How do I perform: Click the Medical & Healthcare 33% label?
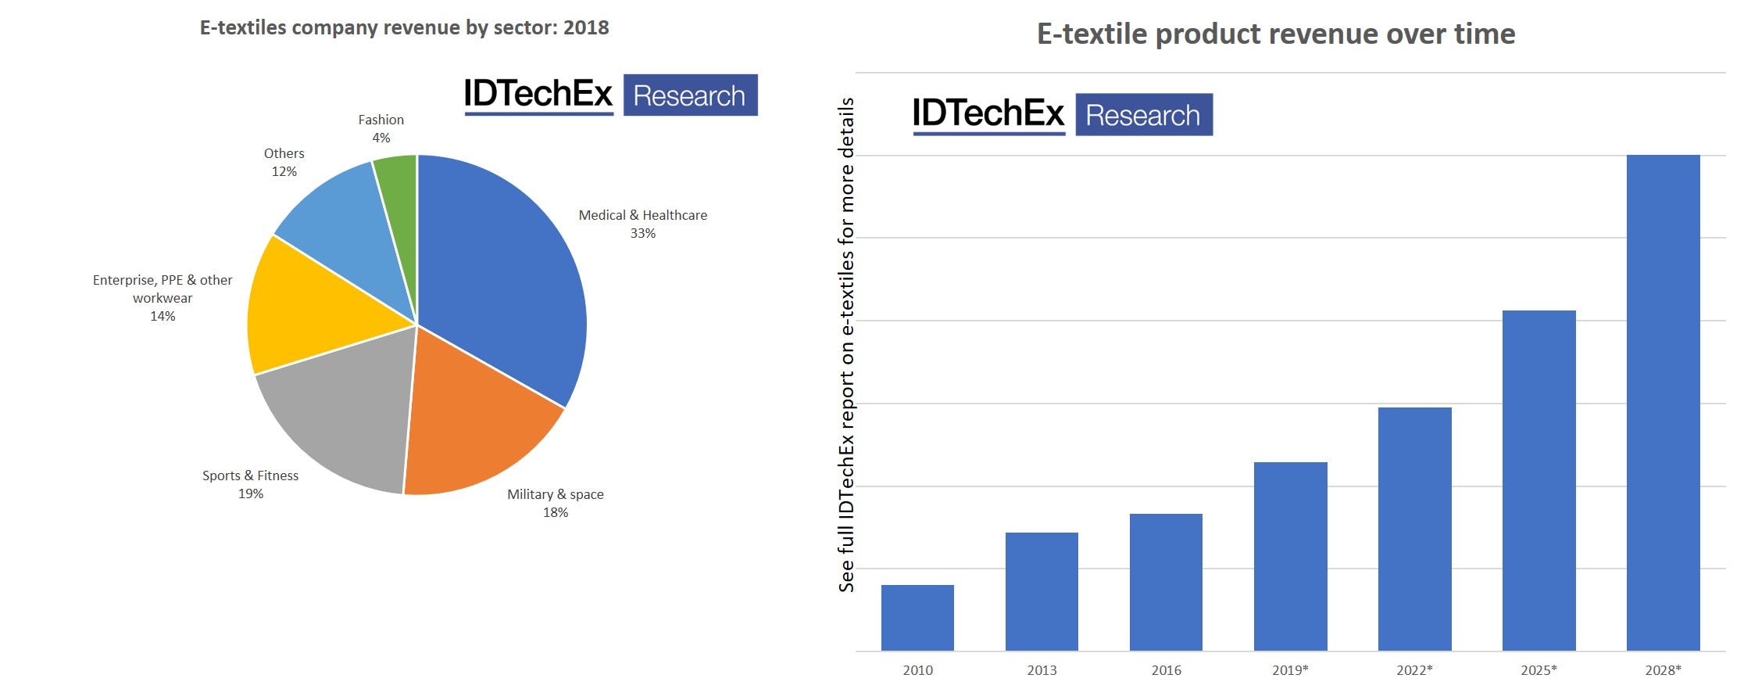(x=642, y=224)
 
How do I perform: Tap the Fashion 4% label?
(x=381, y=128)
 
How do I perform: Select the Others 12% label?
(x=284, y=162)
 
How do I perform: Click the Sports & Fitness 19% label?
(x=250, y=484)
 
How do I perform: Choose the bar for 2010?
(x=917, y=618)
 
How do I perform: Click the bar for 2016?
(x=1166, y=583)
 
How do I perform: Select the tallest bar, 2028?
(x=1663, y=403)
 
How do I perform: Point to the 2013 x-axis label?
(x=1042, y=670)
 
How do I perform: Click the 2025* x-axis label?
(x=1539, y=670)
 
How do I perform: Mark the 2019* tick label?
(x=1290, y=670)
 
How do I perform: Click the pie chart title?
(x=404, y=27)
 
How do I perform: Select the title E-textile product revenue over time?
(x=1275, y=34)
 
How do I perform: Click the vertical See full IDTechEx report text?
(x=846, y=344)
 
